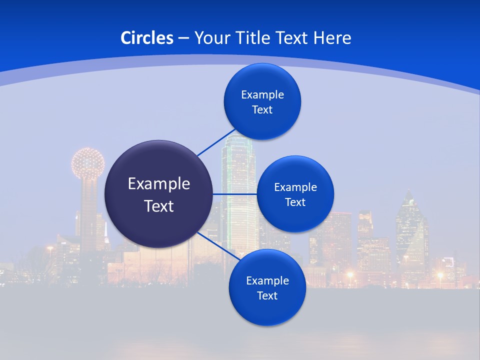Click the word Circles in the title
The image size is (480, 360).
click(147, 38)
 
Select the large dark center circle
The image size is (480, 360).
click(158, 194)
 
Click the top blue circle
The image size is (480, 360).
click(262, 101)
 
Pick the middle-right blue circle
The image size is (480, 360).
click(295, 194)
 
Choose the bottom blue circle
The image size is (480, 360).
click(267, 287)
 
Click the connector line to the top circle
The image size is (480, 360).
click(216, 142)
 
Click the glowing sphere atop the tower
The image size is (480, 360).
click(87, 163)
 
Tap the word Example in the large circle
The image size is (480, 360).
click(159, 184)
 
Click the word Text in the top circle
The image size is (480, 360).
click(262, 110)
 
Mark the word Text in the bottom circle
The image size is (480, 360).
click(267, 296)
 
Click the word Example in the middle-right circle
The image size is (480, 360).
click(295, 187)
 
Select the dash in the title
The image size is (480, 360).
click(183, 38)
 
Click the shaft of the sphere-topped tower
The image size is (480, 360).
click(89, 210)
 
